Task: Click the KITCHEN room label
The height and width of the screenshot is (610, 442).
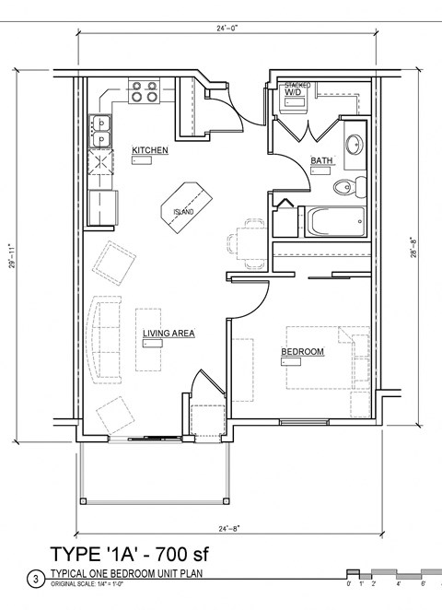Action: click(x=149, y=149)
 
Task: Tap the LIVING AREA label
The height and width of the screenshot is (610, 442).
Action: click(x=168, y=334)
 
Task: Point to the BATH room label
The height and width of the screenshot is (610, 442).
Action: click(x=321, y=160)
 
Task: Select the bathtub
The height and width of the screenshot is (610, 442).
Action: click(x=335, y=222)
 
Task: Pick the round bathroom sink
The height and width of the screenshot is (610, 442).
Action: click(x=354, y=144)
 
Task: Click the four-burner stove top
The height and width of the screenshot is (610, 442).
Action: click(x=143, y=90)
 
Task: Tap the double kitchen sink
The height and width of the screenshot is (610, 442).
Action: click(x=100, y=132)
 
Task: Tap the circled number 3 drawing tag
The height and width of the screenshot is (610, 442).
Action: click(x=36, y=580)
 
